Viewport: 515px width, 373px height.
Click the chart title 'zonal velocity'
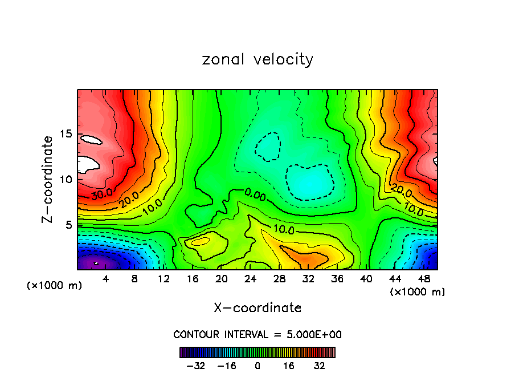click(257, 59)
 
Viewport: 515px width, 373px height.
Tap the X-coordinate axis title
click(257, 308)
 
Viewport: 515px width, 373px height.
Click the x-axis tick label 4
click(107, 279)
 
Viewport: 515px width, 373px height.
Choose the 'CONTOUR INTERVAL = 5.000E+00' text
click(257, 334)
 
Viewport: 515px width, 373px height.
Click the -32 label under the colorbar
click(195, 366)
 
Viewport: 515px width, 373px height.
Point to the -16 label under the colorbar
click(227, 366)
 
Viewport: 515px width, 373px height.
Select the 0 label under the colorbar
click(257, 366)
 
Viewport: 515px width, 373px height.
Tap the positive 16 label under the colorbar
click(289, 366)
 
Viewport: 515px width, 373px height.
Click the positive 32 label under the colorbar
click(320, 366)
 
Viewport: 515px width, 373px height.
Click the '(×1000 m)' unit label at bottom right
click(418, 292)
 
